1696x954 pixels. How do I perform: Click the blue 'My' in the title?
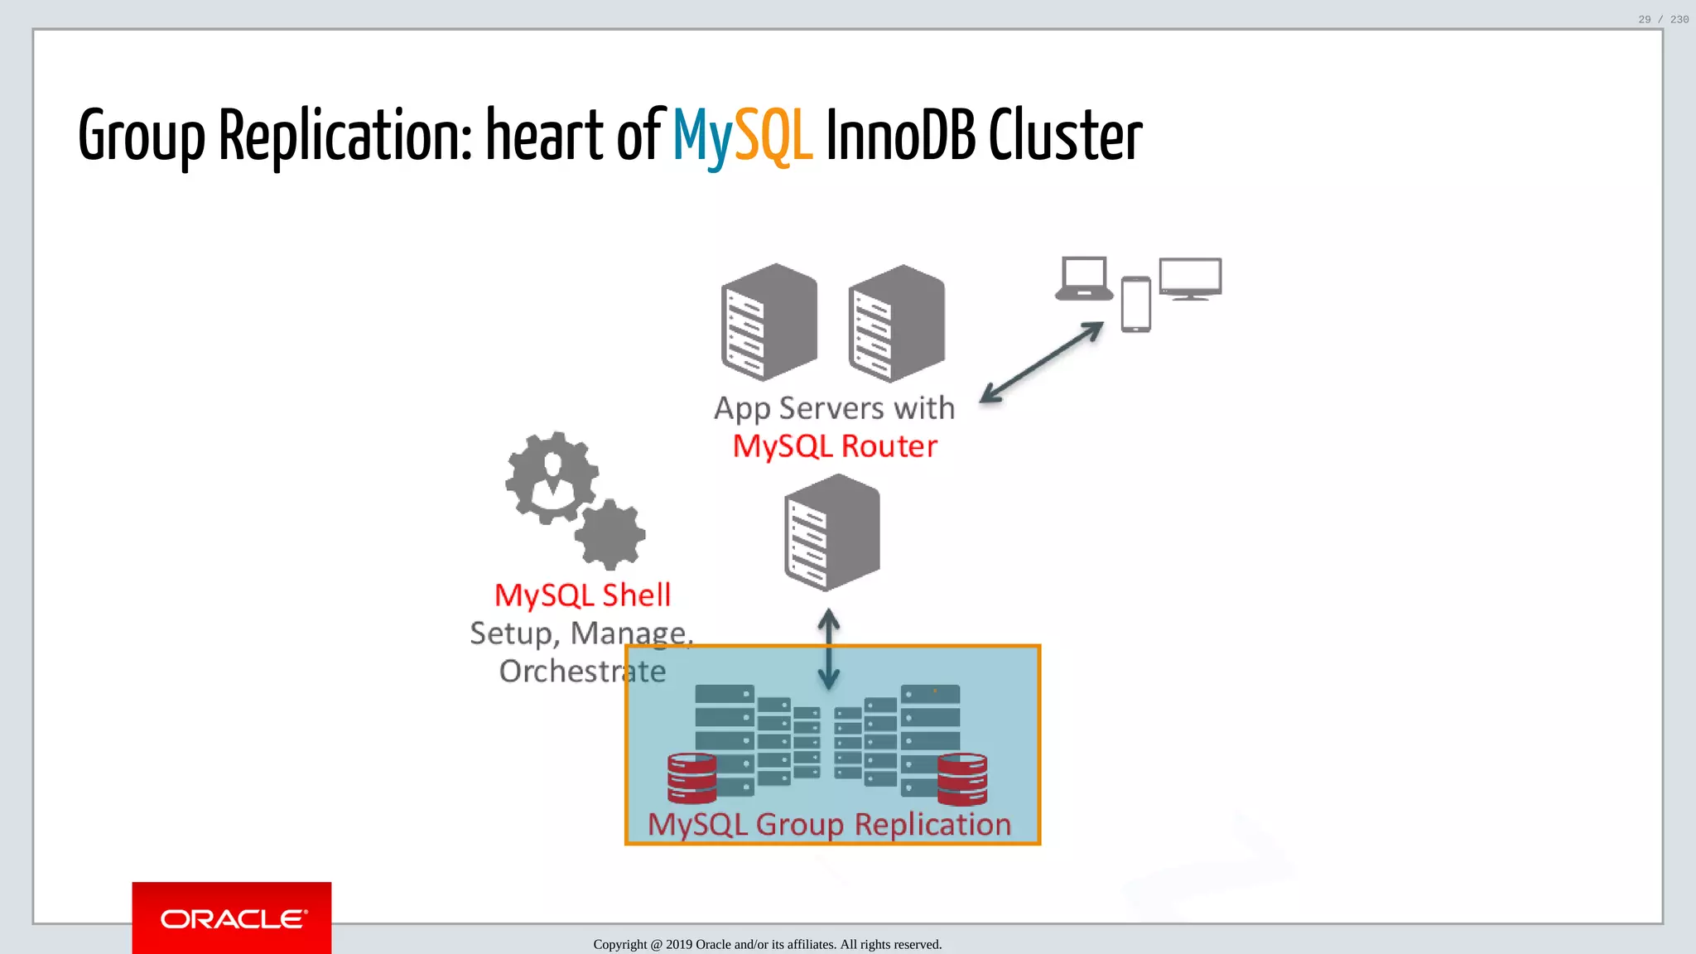(x=702, y=137)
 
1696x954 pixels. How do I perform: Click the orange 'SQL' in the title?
(x=773, y=136)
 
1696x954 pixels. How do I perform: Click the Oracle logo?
(x=233, y=918)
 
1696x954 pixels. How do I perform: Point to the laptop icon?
(x=1084, y=279)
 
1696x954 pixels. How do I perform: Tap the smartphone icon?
(x=1136, y=305)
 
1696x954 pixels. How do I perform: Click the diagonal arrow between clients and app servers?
(x=1042, y=362)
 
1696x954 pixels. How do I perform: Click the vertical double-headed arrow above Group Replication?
(x=829, y=649)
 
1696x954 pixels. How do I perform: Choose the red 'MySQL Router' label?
(x=835, y=446)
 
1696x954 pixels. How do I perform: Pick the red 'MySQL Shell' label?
(x=583, y=595)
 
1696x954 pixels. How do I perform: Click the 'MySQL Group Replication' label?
(x=830, y=824)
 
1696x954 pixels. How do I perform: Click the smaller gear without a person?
(x=610, y=535)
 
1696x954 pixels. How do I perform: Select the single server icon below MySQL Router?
(x=832, y=532)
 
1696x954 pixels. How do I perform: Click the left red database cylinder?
(x=692, y=778)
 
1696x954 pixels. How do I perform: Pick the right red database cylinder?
(x=962, y=779)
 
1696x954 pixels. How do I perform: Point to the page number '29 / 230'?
(x=1663, y=19)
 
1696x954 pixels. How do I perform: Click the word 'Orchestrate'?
(x=582, y=671)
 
